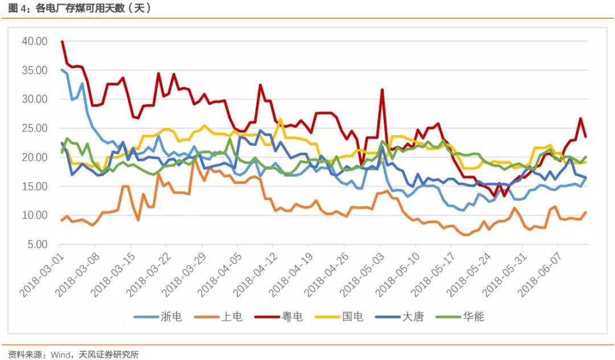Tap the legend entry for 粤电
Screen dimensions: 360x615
[x=293, y=317]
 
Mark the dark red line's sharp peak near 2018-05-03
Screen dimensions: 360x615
[x=382, y=89]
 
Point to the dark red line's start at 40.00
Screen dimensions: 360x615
[x=61, y=41]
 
